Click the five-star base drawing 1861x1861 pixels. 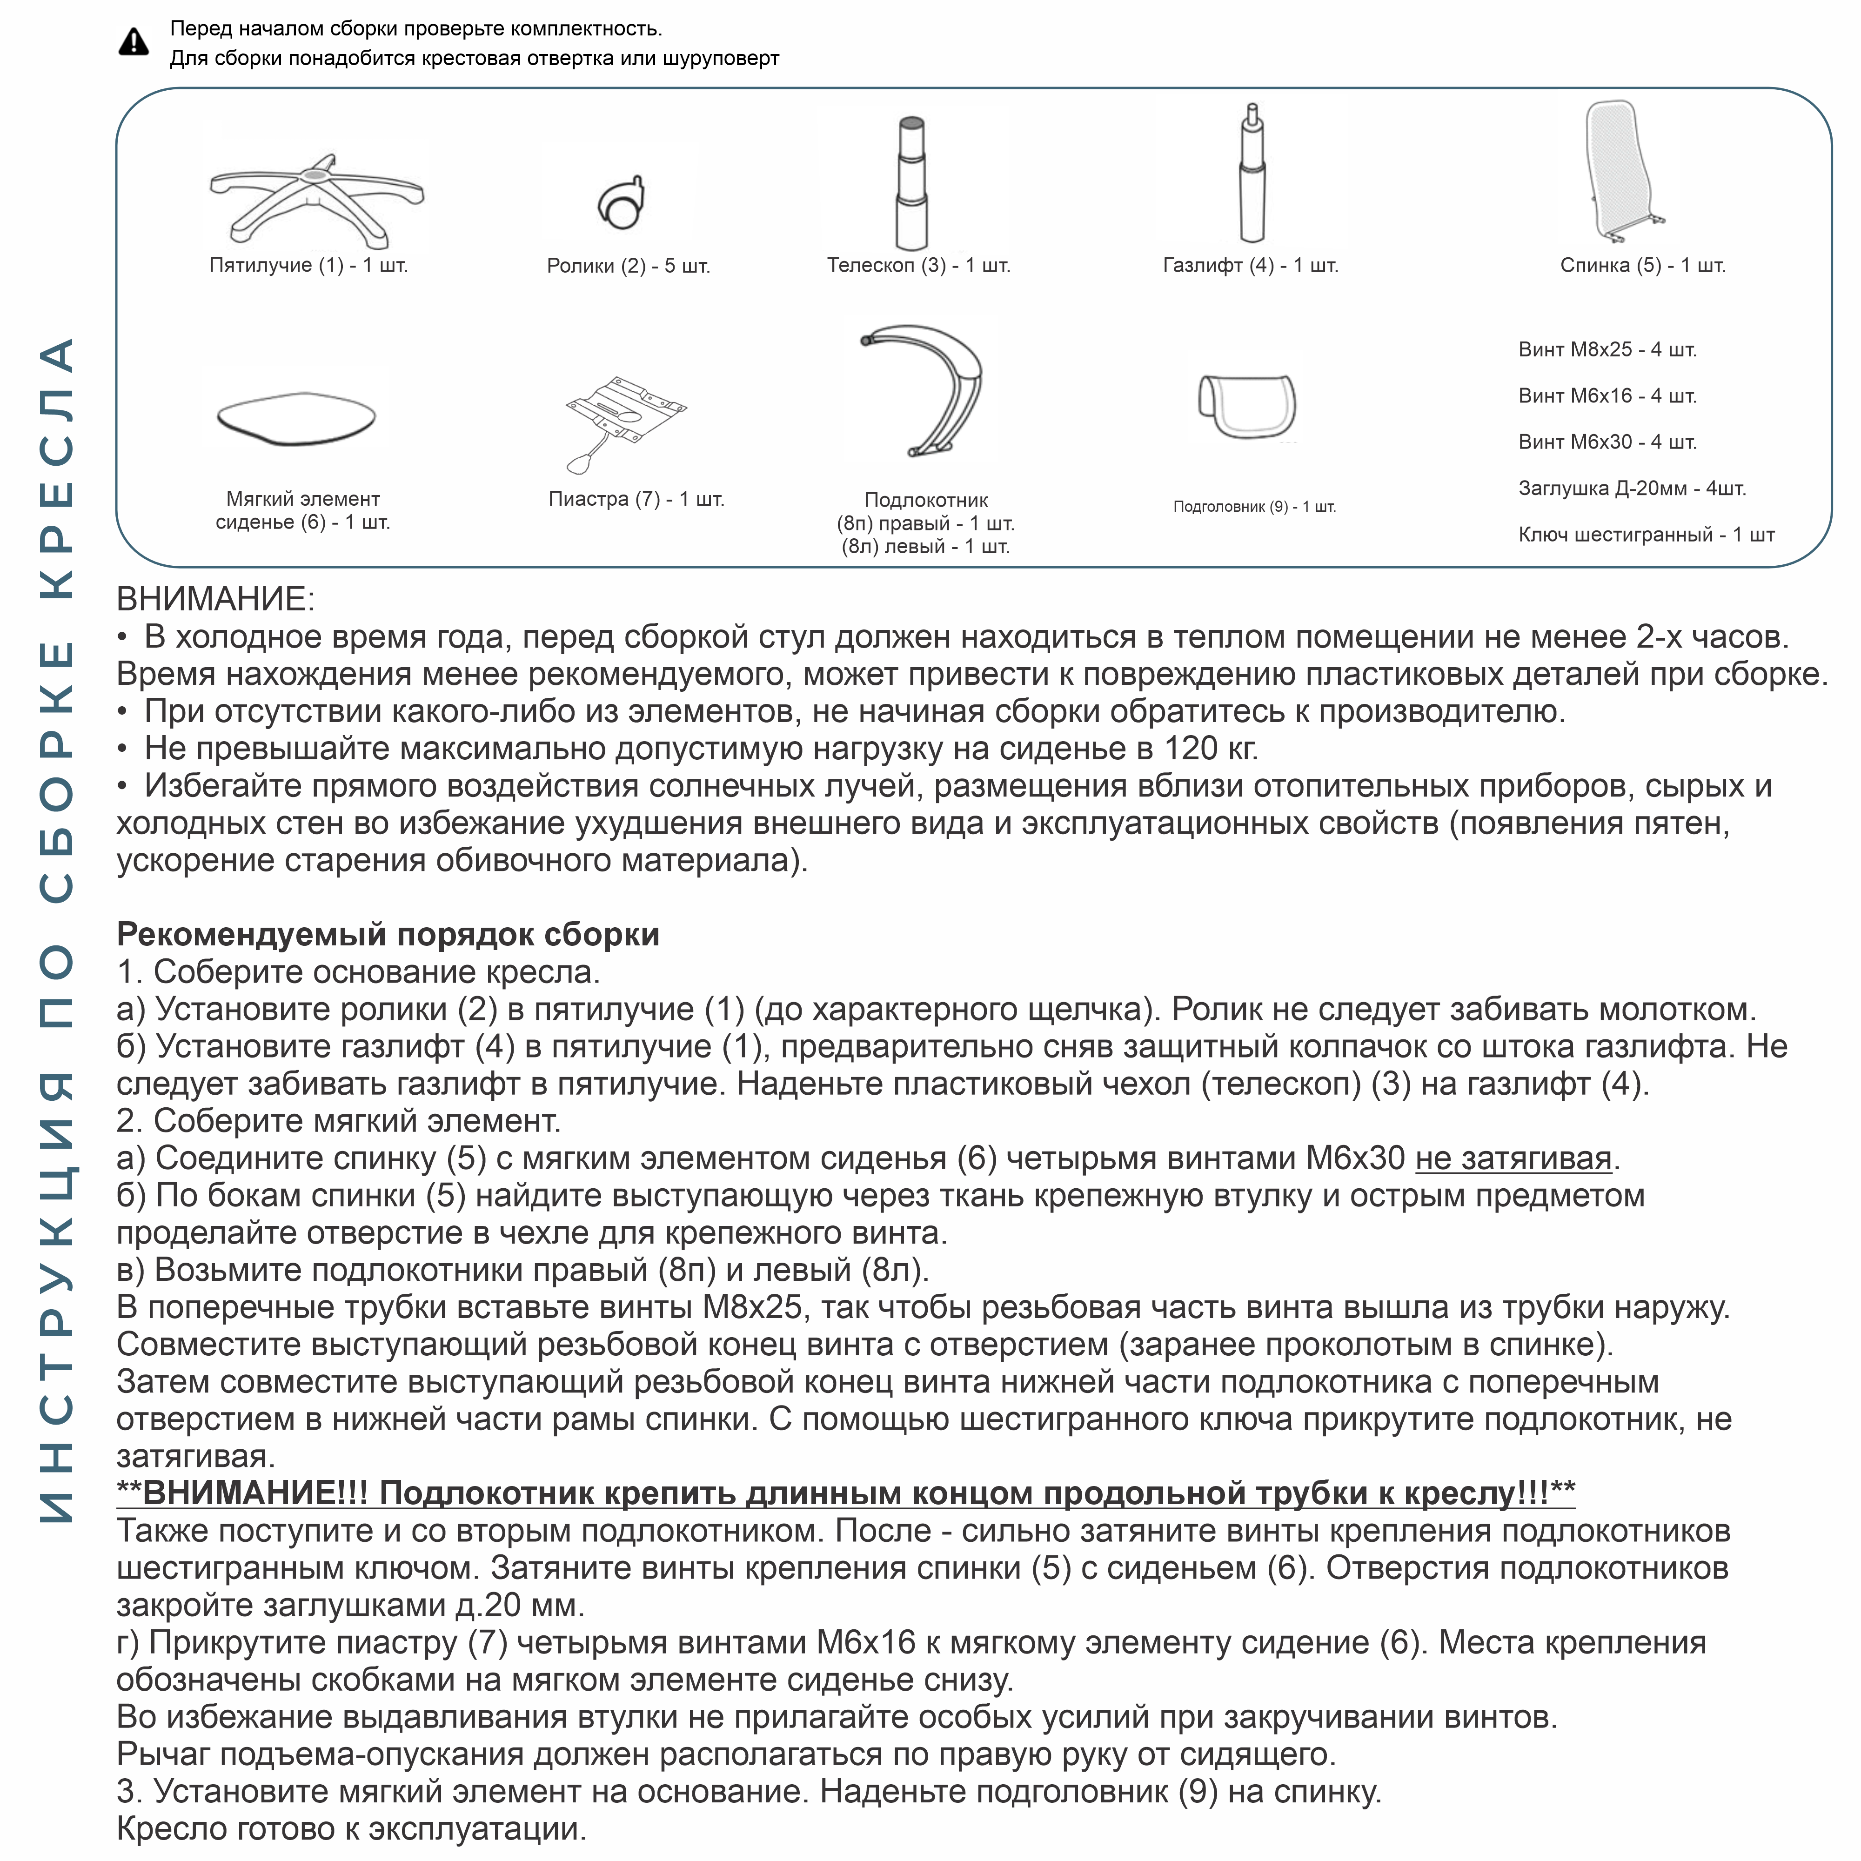pyautogui.click(x=316, y=197)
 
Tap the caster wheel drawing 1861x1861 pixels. pyautogui.click(x=621, y=202)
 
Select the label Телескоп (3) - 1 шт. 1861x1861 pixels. pyautogui.click(x=918, y=265)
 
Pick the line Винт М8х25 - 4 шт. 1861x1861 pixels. pyautogui.click(x=1607, y=350)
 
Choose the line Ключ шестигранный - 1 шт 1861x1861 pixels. pyautogui.click(x=1645, y=535)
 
